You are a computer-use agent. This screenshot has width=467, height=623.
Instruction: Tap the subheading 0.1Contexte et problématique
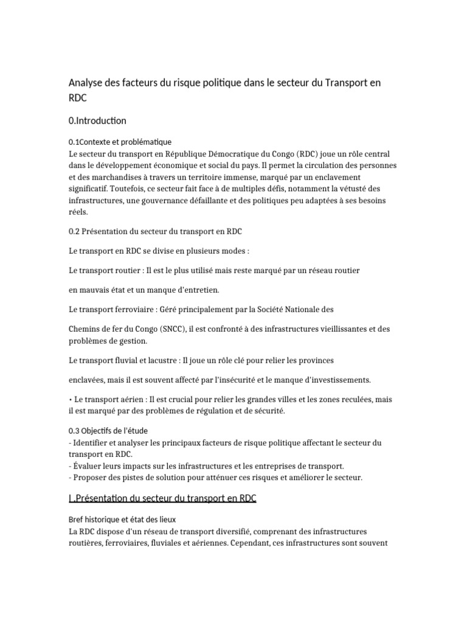[120, 142]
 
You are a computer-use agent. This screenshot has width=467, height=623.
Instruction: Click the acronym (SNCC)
[176, 329]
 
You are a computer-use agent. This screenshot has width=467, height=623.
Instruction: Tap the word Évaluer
[88, 466]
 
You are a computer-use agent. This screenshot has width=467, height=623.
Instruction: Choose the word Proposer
[91, 478]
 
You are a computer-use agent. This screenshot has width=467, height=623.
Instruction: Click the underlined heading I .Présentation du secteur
[162, 498]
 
